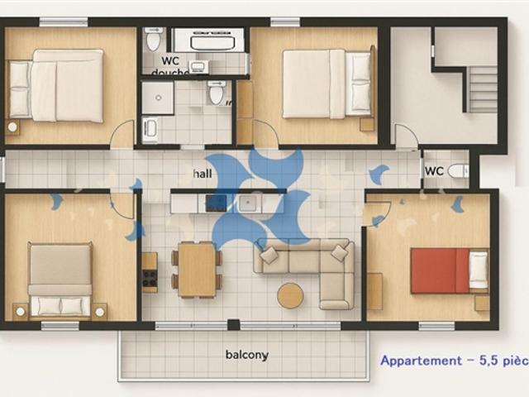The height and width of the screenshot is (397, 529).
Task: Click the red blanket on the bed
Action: (438, 270)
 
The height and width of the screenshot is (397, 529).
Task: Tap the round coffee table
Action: (289, 295)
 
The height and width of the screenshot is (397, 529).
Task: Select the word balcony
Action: (246, 355)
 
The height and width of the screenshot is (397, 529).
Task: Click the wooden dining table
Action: (197, 269)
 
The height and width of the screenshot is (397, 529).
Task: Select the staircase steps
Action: (484, 89)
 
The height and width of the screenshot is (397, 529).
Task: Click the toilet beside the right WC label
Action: (459, 171)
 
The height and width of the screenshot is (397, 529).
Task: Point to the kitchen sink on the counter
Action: (248, 203)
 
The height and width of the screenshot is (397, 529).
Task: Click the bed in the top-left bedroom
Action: (58, 85)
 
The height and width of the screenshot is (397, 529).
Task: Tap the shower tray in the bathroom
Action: (157, 98)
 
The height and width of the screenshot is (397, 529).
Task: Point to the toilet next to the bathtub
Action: (153, 39)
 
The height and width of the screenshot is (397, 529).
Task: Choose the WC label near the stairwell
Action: (434, 171)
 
